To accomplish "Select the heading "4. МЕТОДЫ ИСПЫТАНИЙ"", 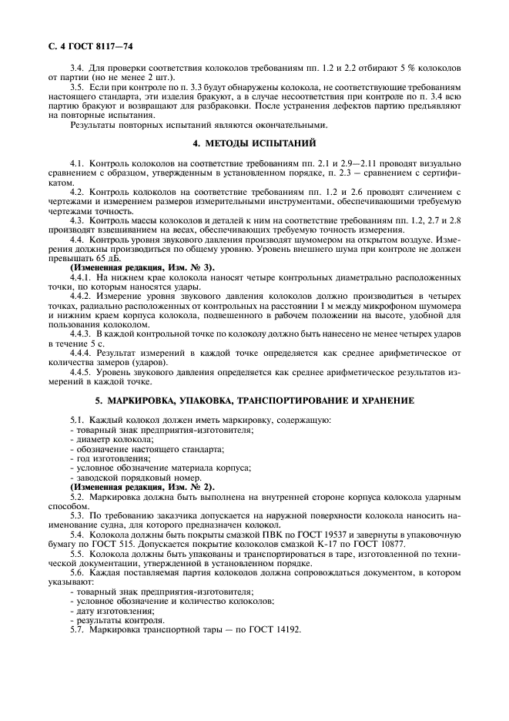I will point(254,144).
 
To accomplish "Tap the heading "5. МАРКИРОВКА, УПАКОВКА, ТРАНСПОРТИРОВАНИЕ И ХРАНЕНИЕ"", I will point(254,401).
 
